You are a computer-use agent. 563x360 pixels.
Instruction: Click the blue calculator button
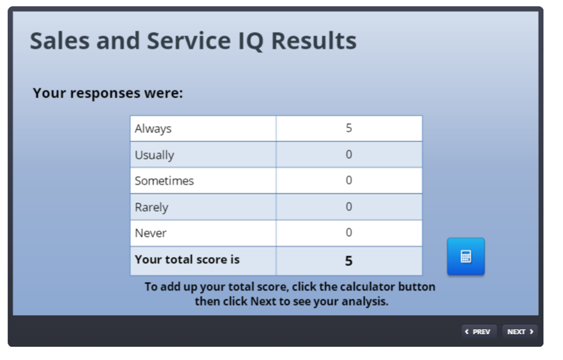(465, 257)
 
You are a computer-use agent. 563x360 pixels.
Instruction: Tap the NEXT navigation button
(520, 331)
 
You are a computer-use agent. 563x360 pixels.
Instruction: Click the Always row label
(153, 129)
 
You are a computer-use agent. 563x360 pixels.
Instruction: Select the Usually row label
(155, 155)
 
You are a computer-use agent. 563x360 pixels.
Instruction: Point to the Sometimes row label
(164, 181)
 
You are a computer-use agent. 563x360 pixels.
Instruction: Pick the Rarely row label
(151, 208)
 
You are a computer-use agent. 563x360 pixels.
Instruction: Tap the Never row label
(151, 233)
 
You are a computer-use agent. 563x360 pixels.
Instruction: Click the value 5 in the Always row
(348, 128)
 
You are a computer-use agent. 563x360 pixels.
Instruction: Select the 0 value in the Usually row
(348, 155)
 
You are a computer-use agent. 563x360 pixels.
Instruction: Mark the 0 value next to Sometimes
(348, 180)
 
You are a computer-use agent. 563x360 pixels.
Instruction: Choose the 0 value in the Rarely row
(348, 207)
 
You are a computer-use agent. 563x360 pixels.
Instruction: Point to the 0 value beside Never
(348, 233)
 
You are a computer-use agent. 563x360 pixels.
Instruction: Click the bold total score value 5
(348, 261)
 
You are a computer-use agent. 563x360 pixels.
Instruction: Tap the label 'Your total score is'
(187, 260)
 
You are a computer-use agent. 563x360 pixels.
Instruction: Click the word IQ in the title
(251, 41)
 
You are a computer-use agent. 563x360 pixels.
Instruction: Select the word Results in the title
(314, 40)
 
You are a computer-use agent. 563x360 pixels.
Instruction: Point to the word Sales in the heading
(60, 40)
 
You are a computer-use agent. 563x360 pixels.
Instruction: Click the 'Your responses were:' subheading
(108, 93)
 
